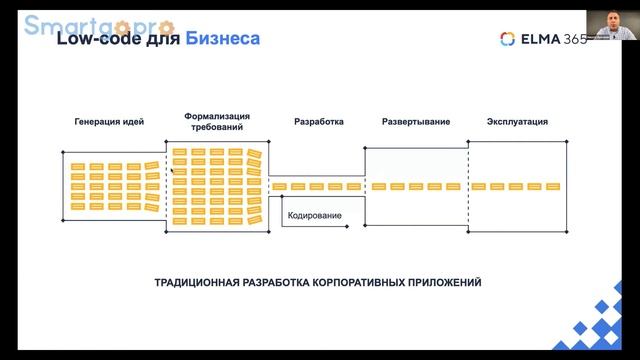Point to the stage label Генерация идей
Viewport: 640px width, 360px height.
109,122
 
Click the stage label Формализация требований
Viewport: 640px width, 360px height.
217,123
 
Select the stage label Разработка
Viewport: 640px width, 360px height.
319,122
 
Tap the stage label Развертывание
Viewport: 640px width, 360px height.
416,122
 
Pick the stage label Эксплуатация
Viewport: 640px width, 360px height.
517,122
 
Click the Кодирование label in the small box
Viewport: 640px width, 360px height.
314,216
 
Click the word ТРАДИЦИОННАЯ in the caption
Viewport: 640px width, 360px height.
196,283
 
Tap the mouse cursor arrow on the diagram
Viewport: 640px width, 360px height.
173,171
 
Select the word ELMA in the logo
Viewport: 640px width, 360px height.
538,39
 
